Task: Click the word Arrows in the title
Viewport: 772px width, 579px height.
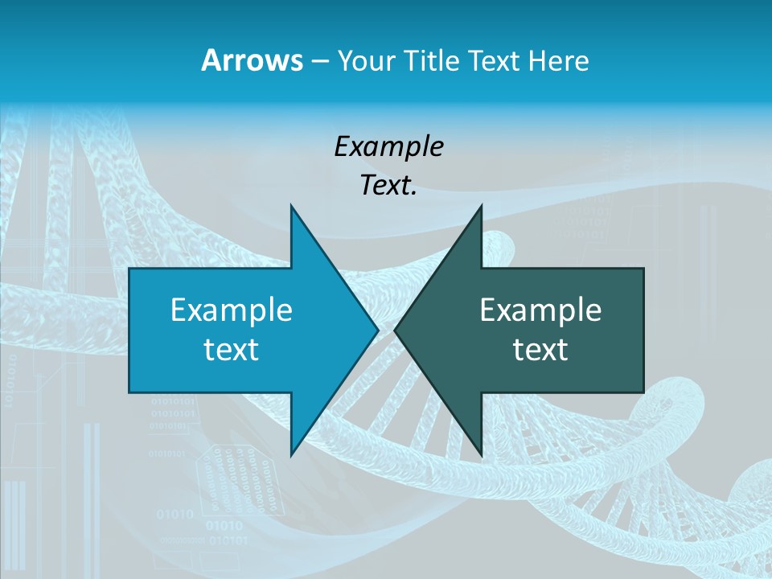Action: pyautogui.click(x=252, y=60)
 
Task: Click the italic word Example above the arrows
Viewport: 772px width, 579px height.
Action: pyautogui.click(x=388, y=147)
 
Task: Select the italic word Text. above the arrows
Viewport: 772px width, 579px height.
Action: pyautogui.click(x=388, y=186)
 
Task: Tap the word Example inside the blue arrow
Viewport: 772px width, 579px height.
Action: pyautogui.click(x=232, y=310)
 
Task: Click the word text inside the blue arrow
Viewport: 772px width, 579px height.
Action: pyautogui.click(x=232, y=350)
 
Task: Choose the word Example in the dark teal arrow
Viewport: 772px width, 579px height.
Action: pyautogui.click(x=540, y=310)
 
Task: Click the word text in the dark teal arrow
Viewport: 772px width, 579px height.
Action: pyautogui.click(x=540, y=350)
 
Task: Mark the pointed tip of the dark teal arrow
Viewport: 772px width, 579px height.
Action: pyautogui.click(x=396, y=330)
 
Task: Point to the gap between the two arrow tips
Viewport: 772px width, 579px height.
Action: pyautogui.click(x=386, y=330)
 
